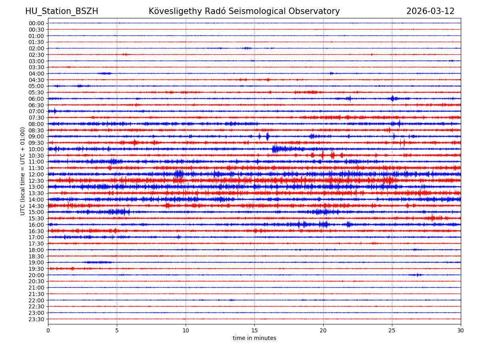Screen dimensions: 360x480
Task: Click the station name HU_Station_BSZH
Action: [62, 12]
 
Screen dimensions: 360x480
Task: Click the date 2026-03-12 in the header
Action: [430, 12]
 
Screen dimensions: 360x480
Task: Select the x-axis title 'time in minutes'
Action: [254, 338]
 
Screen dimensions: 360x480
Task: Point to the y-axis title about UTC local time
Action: [23, 171]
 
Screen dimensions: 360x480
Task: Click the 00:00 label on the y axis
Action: [36, 23]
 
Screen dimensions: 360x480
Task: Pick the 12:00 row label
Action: [36, 174]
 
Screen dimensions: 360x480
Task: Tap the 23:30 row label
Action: [36, 319]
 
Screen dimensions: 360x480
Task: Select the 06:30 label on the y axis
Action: [36, 105]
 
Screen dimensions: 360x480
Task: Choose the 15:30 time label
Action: [36, 218]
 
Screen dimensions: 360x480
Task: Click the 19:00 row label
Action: [36, 262]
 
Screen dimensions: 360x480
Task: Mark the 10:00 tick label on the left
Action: [36, 149]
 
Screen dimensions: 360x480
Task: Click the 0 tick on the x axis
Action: [48, 331]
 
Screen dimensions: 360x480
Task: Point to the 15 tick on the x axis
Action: [254, 331]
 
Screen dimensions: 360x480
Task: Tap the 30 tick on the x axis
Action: [461, 331]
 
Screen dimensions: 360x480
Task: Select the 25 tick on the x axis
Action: [392, 331]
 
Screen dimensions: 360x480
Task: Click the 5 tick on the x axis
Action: [117, 331]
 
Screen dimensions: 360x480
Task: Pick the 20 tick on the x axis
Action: [323, 331]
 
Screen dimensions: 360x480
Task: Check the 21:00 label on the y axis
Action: [36, 288]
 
